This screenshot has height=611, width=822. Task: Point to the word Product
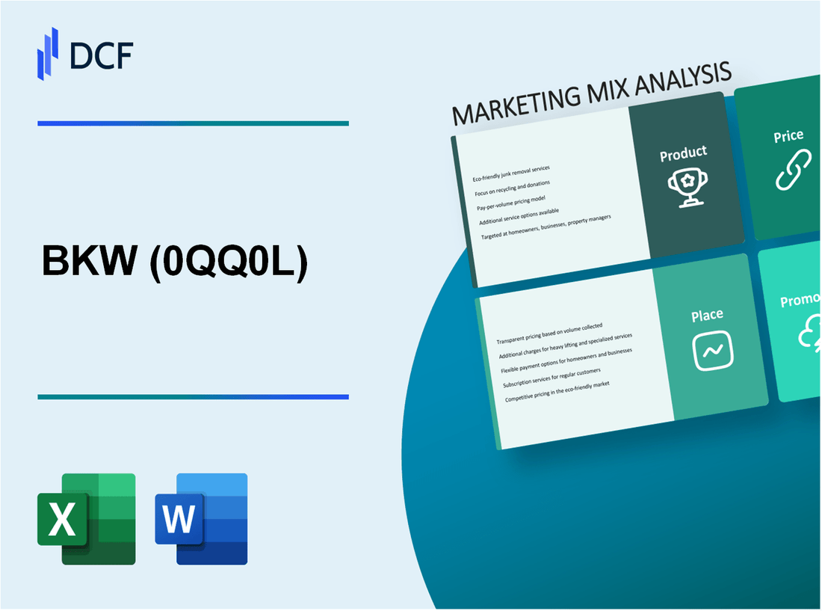(x=683, y=153)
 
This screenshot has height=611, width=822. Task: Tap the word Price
(x=788, y=136)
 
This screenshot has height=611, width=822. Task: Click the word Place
(x=707, y=316)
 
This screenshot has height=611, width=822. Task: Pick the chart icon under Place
(x=714, y=349)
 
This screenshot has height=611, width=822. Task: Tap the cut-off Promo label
(x=800, y=301)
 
